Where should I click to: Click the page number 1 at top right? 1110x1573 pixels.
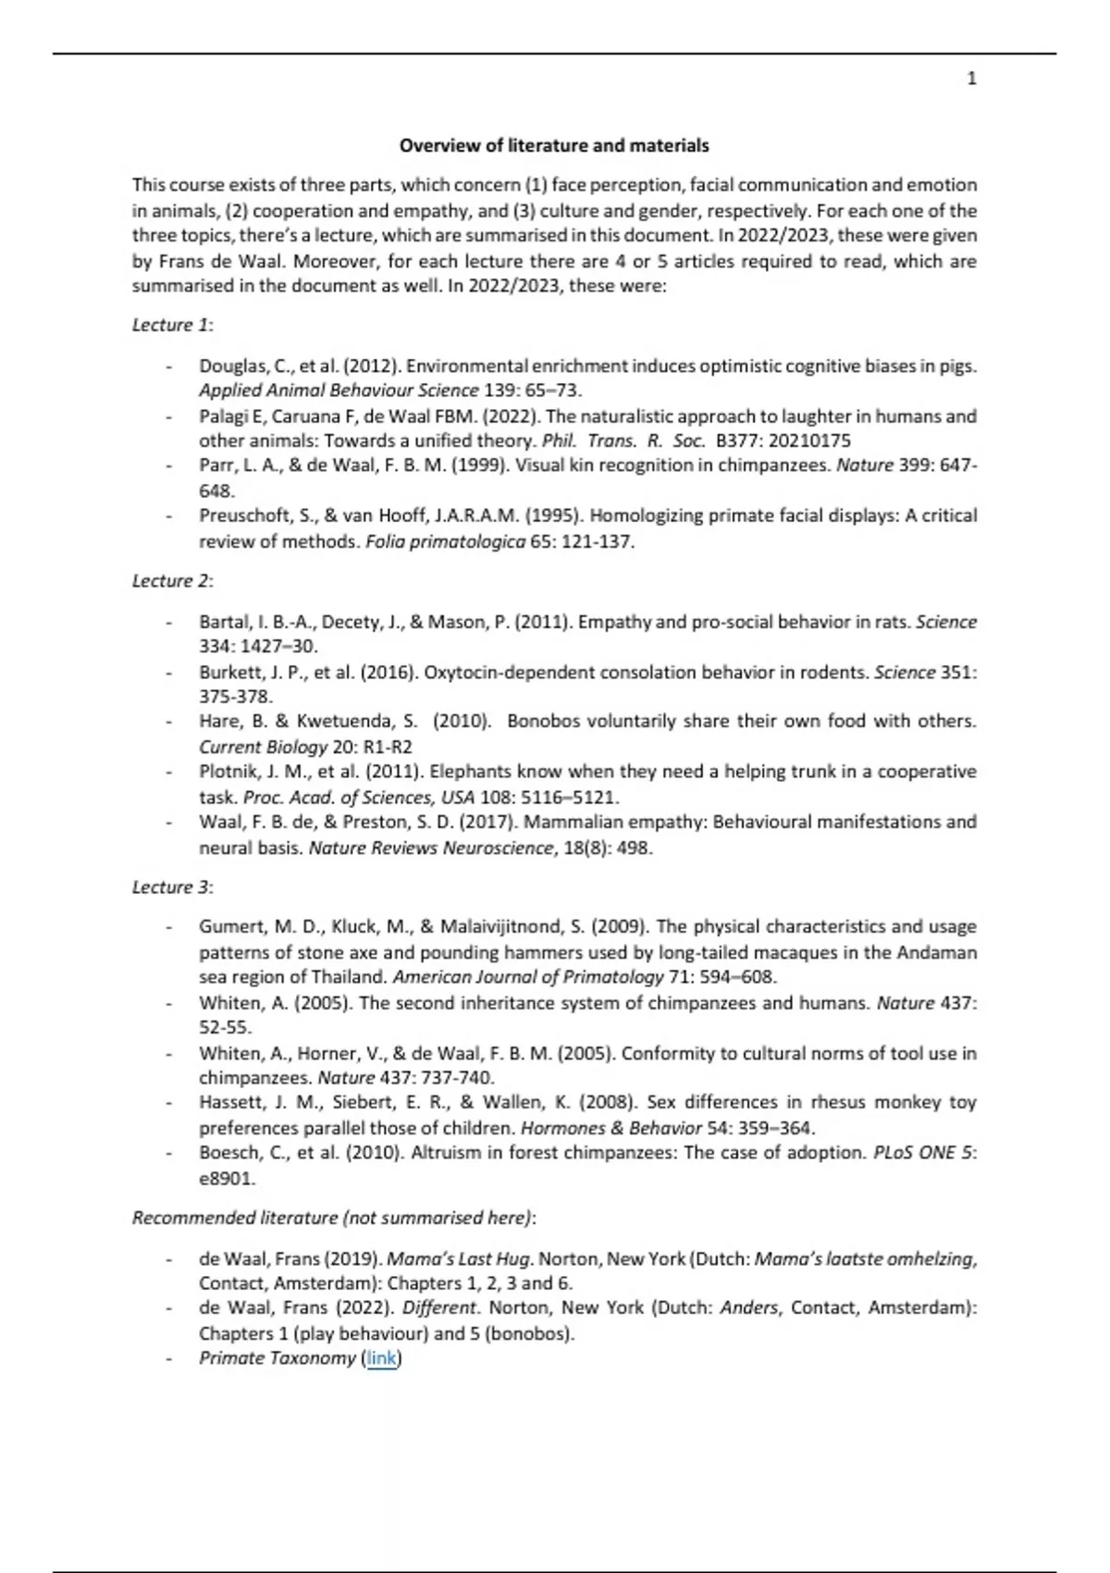971,79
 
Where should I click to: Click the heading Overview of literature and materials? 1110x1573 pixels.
554,145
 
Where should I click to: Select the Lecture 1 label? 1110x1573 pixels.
172,325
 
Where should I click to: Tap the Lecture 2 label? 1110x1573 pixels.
172,581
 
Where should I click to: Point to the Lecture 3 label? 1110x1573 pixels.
172,887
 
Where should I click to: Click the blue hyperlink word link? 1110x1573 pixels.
381,1358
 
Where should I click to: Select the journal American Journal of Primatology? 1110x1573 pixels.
528,977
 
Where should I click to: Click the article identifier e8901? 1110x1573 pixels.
227,1179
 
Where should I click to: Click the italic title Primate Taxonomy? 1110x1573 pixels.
277,1358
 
